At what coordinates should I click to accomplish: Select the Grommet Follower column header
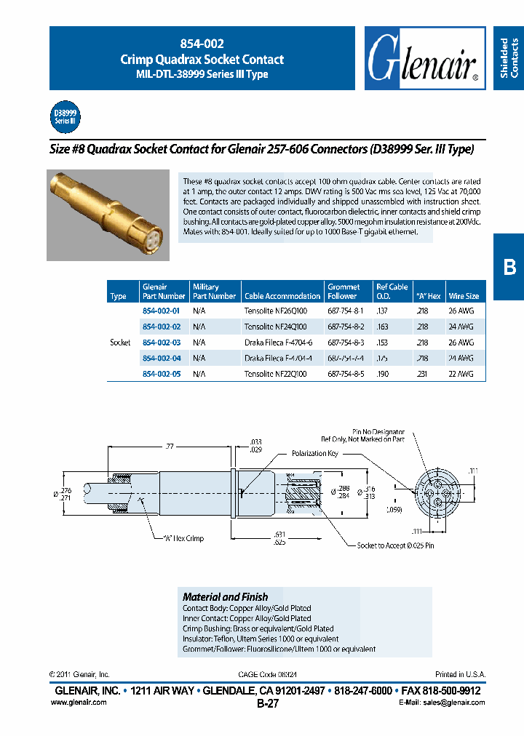(344, 292)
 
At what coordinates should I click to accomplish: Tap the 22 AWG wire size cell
(461, 373)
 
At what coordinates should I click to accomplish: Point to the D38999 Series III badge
(67, 116)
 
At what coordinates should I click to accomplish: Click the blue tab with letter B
(509, 267)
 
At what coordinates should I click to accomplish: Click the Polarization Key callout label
(315, 453)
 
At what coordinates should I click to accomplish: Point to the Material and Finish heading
(225, 596)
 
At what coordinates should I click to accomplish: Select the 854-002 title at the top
(202, 44)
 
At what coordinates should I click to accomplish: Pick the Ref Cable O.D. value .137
(382, 311)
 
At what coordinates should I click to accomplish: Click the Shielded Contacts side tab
(509, 58)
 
